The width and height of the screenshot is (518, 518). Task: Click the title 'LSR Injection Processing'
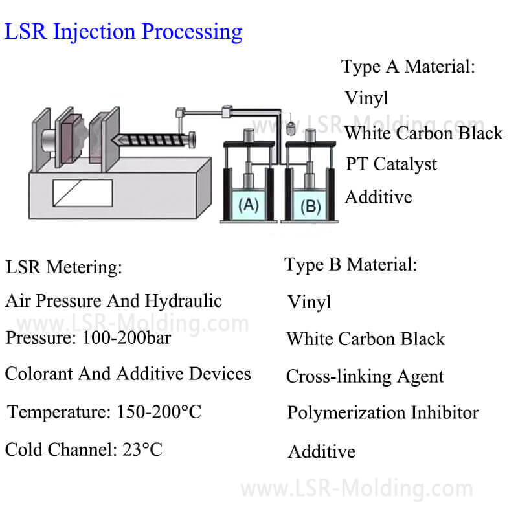pyautogui.click(x=124, y=31)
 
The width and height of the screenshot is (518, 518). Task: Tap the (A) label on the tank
pyautogui.click(x=249, y=206)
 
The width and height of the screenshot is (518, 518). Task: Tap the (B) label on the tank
pyautogui.click(x=310, y=206)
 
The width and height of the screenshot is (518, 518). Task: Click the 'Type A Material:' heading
pyautogui.click(x=408, y=67)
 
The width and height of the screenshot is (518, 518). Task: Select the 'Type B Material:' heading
pyautogui.click(x=350, y=264)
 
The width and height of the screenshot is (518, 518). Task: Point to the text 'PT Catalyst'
pyautogui.click(x=390, y=164)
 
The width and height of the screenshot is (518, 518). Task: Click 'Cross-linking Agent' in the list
pyautogui.click(x=365, y=376)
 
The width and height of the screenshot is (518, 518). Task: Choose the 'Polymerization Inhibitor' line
pyautogui.click(x=383, y=412)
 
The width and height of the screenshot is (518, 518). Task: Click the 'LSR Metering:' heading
pyautogui.click(x=63, y=266)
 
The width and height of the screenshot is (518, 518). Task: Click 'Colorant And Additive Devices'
pyautogui.click(x=128, y=374)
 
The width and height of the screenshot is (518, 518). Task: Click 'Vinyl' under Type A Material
pyautogui.click(x=366, y=98)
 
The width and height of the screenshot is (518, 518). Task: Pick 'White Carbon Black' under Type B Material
pyautogui.click(x=366, y=339)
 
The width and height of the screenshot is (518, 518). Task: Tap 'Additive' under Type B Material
pyautogui.click(x=321, y=451)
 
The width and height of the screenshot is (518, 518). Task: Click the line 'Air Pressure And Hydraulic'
pyautogui.click(x=113, y=300)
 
